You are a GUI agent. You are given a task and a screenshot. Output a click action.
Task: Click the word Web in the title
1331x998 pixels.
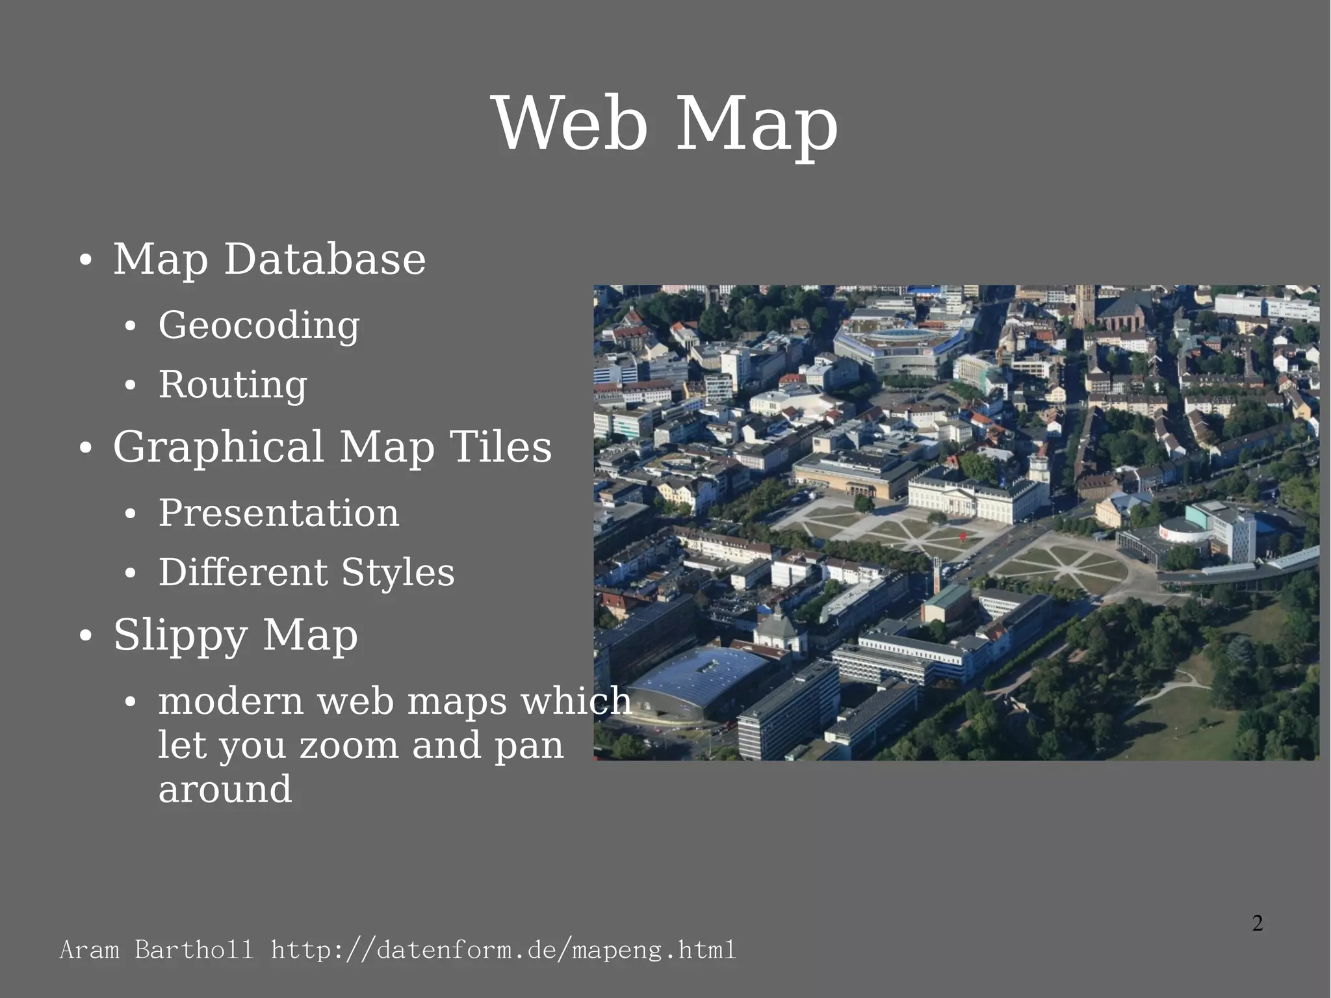(571, 124)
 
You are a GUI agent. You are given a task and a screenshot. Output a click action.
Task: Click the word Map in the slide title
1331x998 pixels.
(757, 125)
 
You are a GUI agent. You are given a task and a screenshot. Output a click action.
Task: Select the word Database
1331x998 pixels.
(324, 259)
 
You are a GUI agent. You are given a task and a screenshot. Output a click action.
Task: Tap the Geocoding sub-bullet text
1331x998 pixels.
(259, 325)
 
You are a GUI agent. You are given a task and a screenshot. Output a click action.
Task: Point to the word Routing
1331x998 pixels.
(233, 384)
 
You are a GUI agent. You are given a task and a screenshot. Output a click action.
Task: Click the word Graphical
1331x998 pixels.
(218, 447)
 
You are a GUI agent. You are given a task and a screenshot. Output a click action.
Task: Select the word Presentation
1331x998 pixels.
(279, 513)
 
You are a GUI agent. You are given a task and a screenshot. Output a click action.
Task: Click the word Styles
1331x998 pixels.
(398, 572)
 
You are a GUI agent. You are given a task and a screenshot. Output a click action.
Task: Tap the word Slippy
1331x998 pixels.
(180, 635)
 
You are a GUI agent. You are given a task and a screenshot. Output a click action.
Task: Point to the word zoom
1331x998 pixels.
(348, 745)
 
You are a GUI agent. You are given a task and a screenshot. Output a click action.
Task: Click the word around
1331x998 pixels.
(225, 789)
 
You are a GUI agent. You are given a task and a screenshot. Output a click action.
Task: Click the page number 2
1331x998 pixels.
(1258, 923)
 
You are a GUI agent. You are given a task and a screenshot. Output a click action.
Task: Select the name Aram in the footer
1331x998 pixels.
(90, 950)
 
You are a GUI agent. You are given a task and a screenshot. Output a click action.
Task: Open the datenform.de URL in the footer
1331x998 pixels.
(503, 950)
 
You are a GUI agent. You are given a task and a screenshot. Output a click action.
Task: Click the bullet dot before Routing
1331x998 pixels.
(131, 386)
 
